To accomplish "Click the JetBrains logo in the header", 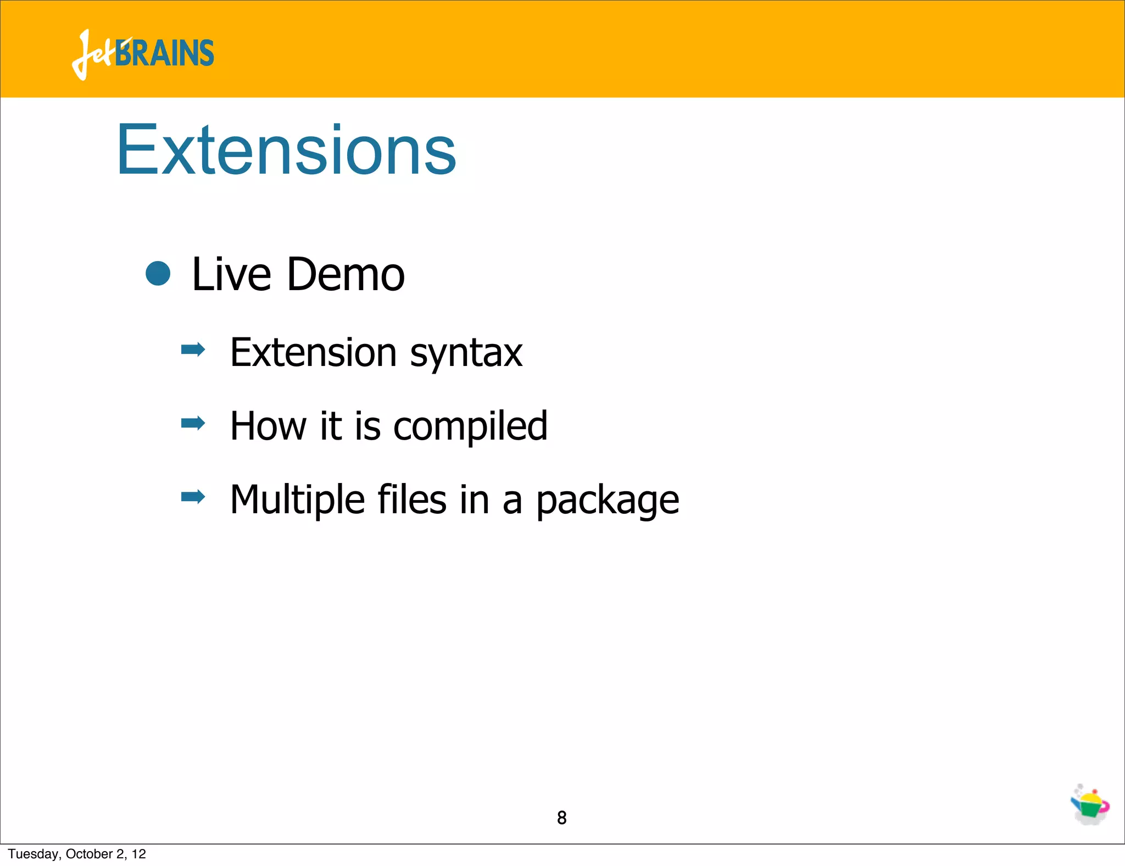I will coord(142,54).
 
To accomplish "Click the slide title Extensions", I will coord(286,150).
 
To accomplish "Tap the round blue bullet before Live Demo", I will coord(158,273).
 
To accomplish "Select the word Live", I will coord(231,274).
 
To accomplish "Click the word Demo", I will coord(346,274).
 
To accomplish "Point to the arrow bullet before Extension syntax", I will coord(193,349).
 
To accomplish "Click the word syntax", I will coord(466,353).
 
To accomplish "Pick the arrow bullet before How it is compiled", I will coord(193,423).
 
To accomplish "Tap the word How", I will coord(269,426).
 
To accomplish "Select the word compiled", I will coord(470,427).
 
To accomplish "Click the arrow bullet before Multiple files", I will coord(193,497).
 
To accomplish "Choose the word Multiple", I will coord(297,500).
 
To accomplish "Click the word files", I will coord(412,499).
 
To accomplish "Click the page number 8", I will coord(561,818).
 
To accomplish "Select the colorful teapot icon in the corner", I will coord(1090,805).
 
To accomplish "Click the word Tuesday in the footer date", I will coord(34,854).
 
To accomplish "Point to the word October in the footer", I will coord(89,854).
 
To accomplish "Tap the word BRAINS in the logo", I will coord(165,54).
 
